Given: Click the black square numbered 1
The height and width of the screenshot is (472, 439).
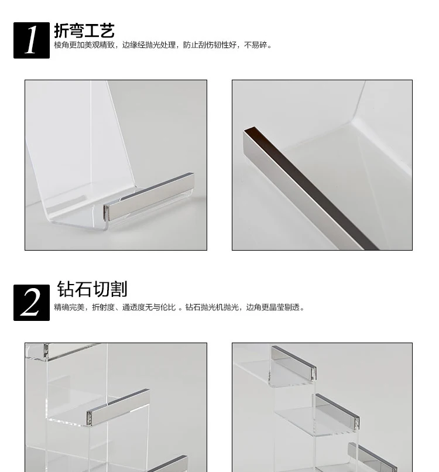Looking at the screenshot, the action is tap(32, 40).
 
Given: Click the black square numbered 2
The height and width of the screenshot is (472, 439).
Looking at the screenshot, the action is tap(32, 303).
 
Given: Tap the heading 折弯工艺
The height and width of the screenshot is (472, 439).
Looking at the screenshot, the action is tap(84, 30).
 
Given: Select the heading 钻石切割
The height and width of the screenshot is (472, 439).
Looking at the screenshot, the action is tap(92, 289).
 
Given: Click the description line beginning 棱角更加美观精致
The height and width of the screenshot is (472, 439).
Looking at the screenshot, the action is tap(163, 45).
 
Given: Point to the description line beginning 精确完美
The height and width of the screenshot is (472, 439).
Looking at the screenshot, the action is tap(179, 307).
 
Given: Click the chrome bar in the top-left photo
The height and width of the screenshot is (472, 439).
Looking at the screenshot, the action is tap(149, 196).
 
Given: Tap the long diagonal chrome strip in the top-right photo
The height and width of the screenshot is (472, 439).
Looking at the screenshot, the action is tap(310, 188).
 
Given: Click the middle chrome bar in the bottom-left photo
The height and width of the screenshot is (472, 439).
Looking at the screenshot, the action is tap(118, 406).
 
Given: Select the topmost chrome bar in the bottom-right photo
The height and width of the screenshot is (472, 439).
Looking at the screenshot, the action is tap(294, 362).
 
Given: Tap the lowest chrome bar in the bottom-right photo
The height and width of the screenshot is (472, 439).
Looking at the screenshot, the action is tap(372, 457).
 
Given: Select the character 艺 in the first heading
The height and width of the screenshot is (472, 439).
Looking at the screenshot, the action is tap(107, 30).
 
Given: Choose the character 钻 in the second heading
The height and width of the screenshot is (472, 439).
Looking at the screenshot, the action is tap(65, 289).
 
